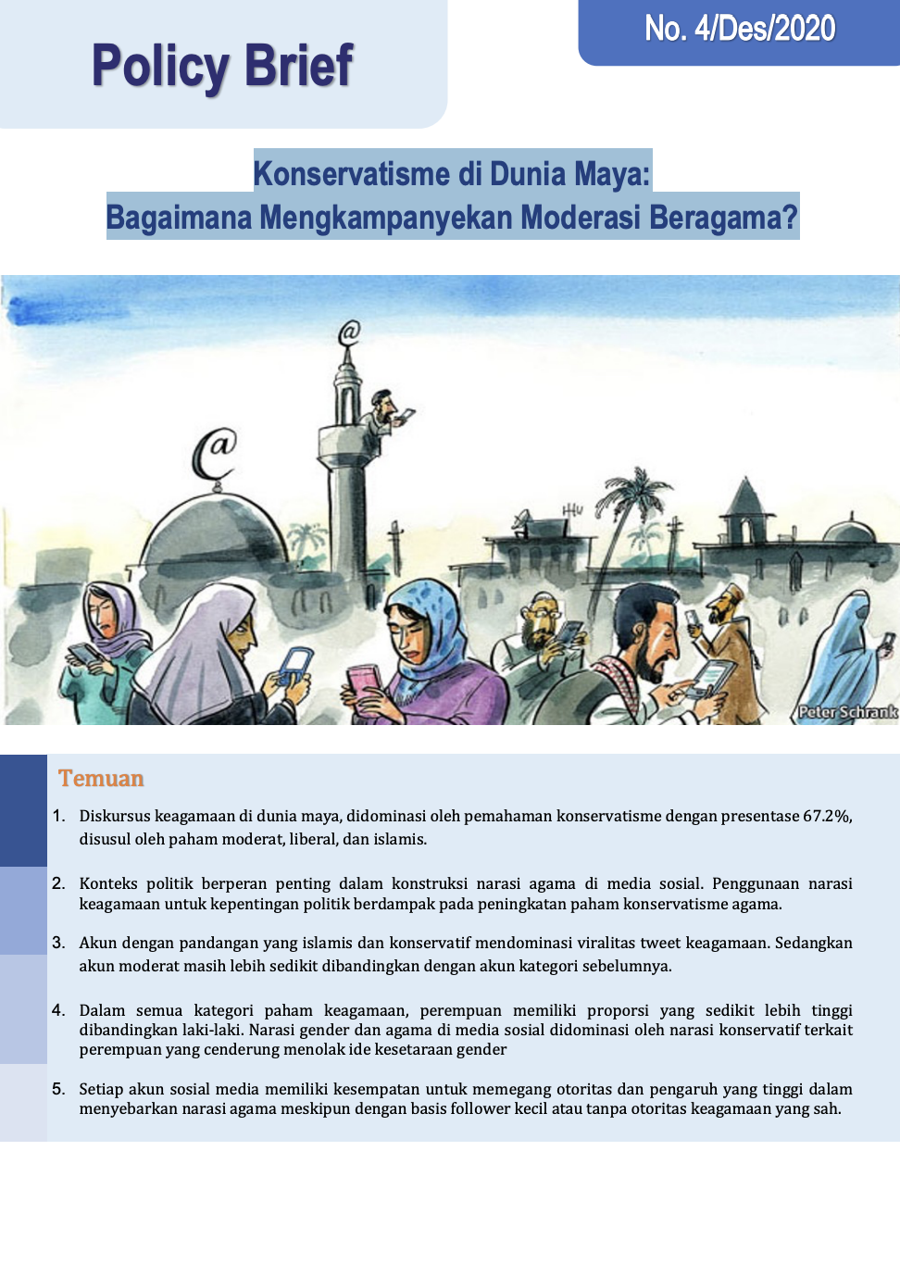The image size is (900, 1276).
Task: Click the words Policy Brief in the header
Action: click(222, 67)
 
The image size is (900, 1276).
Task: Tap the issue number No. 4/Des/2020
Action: click(740, 29)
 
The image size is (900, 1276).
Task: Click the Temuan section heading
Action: click(101, 779)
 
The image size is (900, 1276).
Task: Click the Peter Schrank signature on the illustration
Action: click(847, 712)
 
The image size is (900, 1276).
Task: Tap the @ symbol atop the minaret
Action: click(348, 332)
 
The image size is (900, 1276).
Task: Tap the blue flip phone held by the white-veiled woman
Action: click(294, 665)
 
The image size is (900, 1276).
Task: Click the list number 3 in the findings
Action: click(58, 943)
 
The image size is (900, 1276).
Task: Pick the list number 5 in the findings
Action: click(58, 1089)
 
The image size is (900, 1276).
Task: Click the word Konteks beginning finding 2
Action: click(108, 883)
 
